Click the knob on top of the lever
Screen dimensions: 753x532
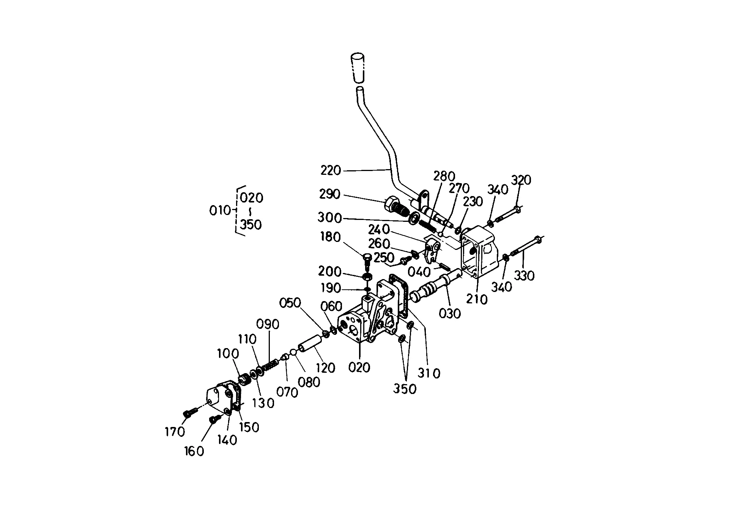pyautogui.click(x=358, y=68)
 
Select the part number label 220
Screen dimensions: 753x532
pyautogui.click(x=331, y=171)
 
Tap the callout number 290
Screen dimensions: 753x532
pyautogui.click(x=329, y=194)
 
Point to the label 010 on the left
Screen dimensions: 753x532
pyautogui.click(x=220, y=210)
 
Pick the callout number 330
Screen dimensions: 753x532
pyautogui.click(x=524, y=276)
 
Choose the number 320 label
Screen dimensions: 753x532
pyautogui.click(x=521, y=180)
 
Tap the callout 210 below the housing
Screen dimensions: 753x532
pyautogui.click(x=477, y=299)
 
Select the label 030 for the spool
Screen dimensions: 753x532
pyautogui.click(x=450, y=313)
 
